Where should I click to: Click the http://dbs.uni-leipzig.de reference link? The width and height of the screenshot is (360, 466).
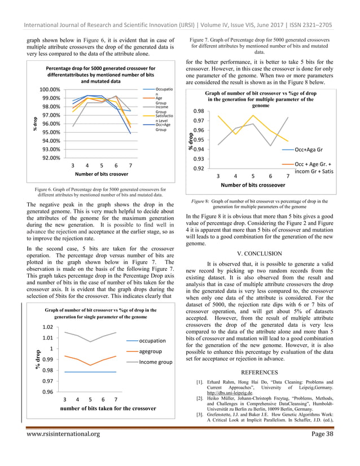click(231, 394)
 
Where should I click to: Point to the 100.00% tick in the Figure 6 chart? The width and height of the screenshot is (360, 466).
click(50, 90)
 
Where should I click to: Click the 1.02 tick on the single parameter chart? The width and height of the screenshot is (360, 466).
click(47, 327)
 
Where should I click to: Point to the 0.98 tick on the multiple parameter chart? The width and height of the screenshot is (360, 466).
click(197, 112)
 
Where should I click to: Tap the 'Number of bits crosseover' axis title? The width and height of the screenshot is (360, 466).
click(253, 184)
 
